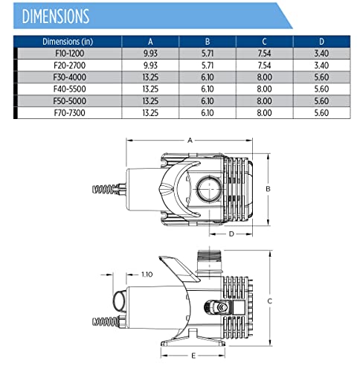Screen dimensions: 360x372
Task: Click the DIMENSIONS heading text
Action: (56, 16)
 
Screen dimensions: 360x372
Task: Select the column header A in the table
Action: (150, 42)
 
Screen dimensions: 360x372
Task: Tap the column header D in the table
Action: (321, 42)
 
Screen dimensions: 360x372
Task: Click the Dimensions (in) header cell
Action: (68, 42)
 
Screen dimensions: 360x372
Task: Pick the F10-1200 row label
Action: (70, 54)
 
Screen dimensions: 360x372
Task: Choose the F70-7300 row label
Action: (70, 113)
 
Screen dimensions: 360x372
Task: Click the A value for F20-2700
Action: (150, 65)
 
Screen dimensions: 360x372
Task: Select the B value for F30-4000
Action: (208, 77)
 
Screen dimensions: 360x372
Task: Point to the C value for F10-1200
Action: (264, 54)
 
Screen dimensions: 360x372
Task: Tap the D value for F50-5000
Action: (321, 101)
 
